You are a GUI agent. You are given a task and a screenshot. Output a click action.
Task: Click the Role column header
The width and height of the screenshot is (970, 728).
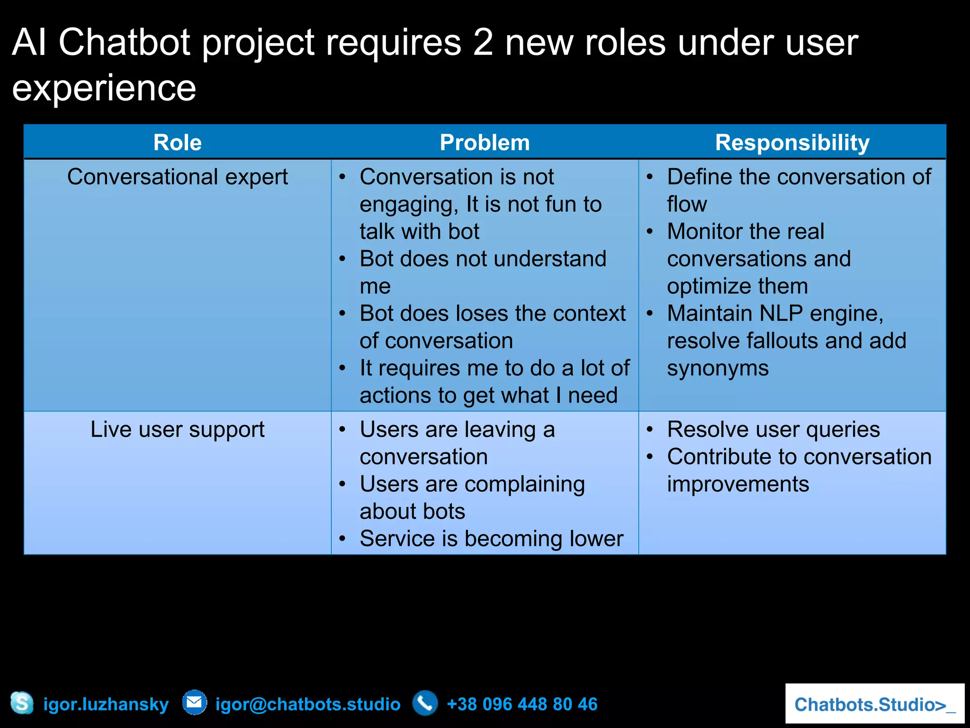pyautogui.click(x=178, y=143)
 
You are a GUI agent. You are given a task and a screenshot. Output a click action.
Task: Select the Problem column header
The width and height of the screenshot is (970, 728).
pyautogui.click(x=485, y=143)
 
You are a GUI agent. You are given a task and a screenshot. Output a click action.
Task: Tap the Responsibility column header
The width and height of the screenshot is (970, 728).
pyautogui.click(x=792, y=143)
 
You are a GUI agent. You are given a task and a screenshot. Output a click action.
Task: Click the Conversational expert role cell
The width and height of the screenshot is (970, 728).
pyautogui.click(x=178, y=177)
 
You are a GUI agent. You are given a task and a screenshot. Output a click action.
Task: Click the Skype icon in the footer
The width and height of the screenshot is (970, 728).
pyautogui.click(x=22, y=703)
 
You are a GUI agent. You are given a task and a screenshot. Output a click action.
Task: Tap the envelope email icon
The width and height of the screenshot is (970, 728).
pyautogui.click(x=195, y=702)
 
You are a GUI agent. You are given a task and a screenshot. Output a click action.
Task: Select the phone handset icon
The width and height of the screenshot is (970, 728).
pyautogui.click(x=425, y=703)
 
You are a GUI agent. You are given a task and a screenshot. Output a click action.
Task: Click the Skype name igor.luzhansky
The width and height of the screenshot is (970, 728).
pyautogui.click(x=106, y=704)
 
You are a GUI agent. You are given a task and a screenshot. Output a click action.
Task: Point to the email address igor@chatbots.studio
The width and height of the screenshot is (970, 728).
pyautogui.click(x=308, y=704)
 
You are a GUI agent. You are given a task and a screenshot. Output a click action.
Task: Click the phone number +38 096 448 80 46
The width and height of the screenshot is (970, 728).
pyautogui.click(x=522, y=704)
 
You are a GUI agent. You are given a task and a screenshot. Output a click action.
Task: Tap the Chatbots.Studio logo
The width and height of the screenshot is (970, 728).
pyautogui.click(x=874, y=704)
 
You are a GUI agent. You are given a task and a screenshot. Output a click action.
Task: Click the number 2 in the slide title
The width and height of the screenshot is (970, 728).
pyautogui.click(x=483, y=43)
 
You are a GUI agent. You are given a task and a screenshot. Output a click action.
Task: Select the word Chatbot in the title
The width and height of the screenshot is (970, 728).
pyautogui.click(x=125, y=43)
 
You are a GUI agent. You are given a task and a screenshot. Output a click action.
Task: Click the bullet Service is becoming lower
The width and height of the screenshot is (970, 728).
pyautogui.click(x=491, y=539)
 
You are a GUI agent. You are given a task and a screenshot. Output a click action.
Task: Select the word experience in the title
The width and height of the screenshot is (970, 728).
pyautogui.click(x=104, y=89)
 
